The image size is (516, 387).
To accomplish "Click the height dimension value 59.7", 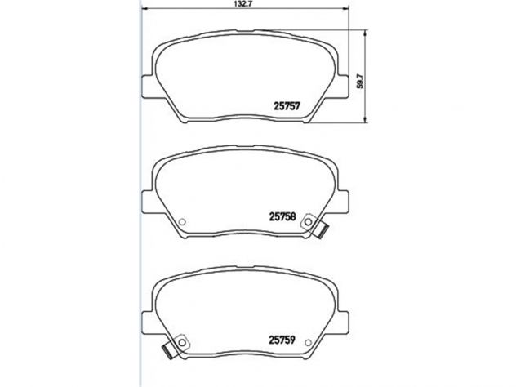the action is (360, 81).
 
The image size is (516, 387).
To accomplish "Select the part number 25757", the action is (287, 106).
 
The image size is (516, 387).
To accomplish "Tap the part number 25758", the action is (282, 217).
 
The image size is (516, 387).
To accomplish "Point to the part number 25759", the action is (282, 340).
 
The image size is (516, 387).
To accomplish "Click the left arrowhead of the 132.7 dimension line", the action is (145, 9).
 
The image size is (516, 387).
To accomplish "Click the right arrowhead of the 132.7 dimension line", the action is (345, 9).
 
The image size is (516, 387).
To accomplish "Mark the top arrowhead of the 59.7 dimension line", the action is (365, 33).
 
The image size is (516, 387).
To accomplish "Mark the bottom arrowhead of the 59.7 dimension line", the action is (365, 120).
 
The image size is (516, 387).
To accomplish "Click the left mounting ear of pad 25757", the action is (148, 87).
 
